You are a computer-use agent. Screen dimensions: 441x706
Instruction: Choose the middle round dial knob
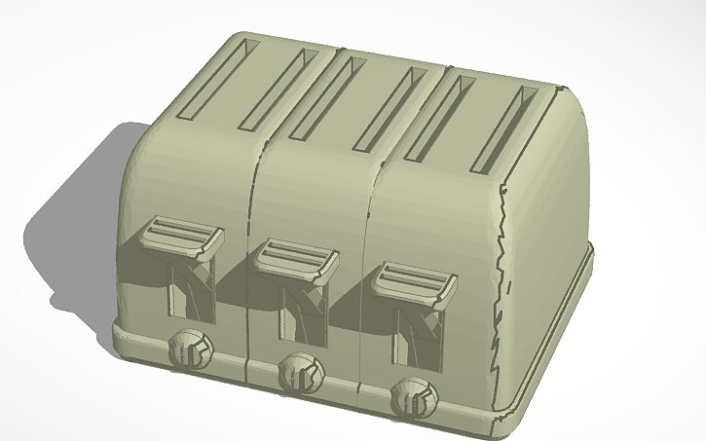[299, 373]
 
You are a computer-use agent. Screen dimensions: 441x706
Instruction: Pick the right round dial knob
[414, 397]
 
